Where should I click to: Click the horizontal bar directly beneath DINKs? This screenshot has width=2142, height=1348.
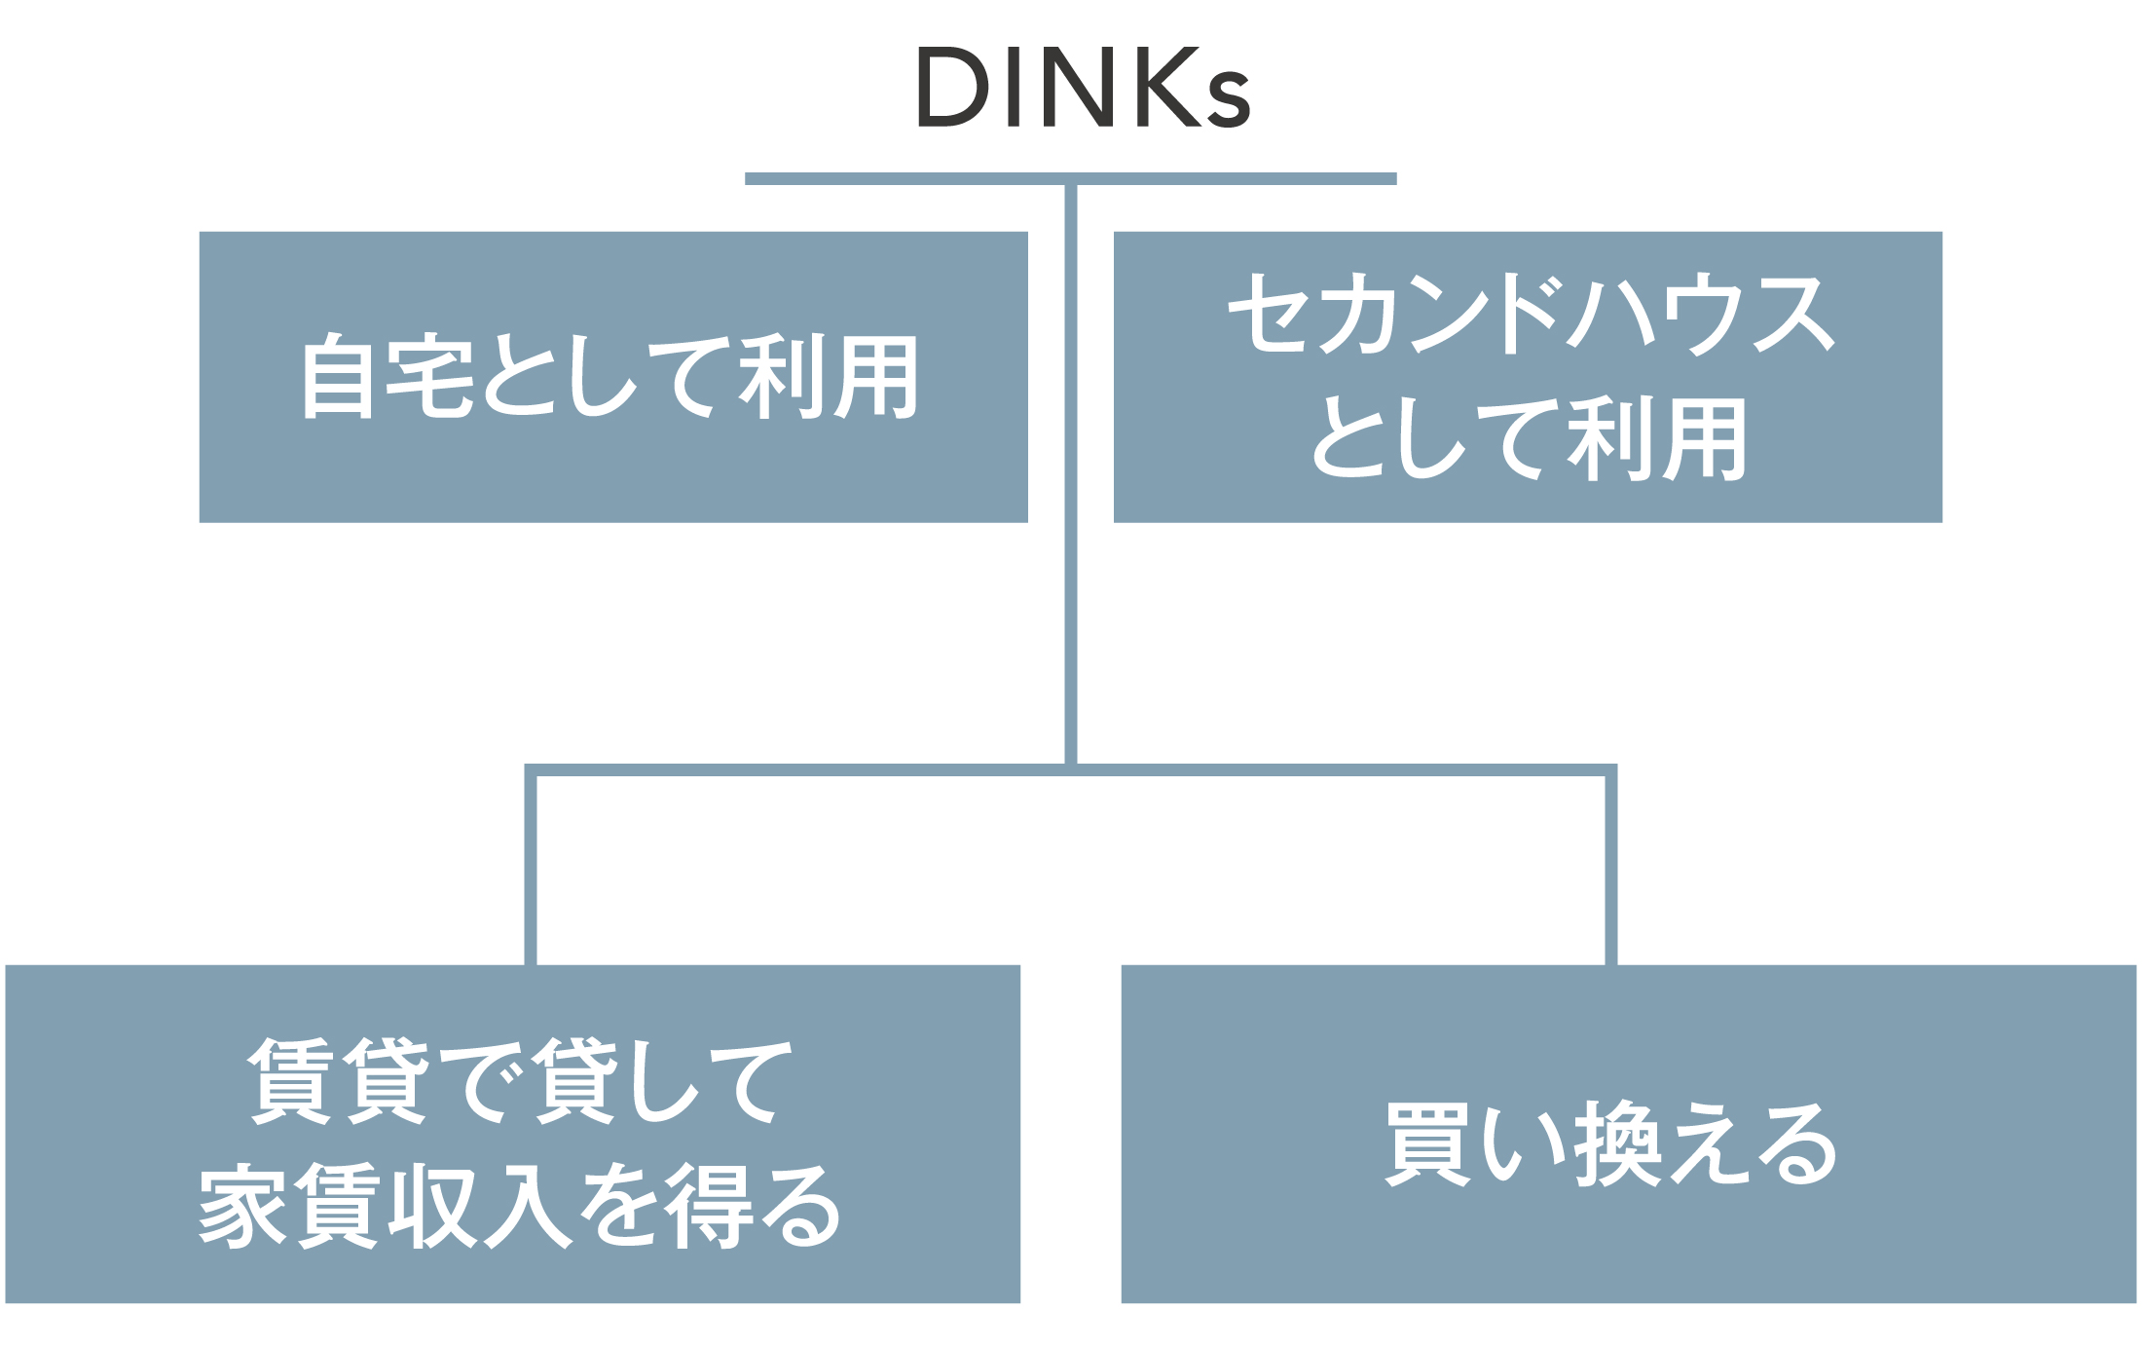click(x=1071, y=179)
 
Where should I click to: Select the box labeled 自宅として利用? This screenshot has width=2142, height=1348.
click(x=613, y=377)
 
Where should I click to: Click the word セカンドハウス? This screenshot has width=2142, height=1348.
click(x=1530, y=313)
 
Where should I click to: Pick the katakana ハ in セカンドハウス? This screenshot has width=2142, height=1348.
click(x=1612, y=313)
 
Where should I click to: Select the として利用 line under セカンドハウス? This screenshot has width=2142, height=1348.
click(x=1529, y=439)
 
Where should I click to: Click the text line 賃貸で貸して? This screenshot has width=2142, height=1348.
click(x=521, y=1082)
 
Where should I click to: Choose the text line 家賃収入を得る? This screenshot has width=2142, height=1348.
click(x=519, y=1208)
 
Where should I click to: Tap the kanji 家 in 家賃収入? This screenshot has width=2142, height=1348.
click(x=242, y=1208)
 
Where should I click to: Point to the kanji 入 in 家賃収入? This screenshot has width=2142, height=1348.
click(x=529, y=1208)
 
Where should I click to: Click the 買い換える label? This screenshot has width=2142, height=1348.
click(x=1612, y=1144)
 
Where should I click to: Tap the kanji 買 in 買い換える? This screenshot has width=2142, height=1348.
click(x=1428, y=1144)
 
